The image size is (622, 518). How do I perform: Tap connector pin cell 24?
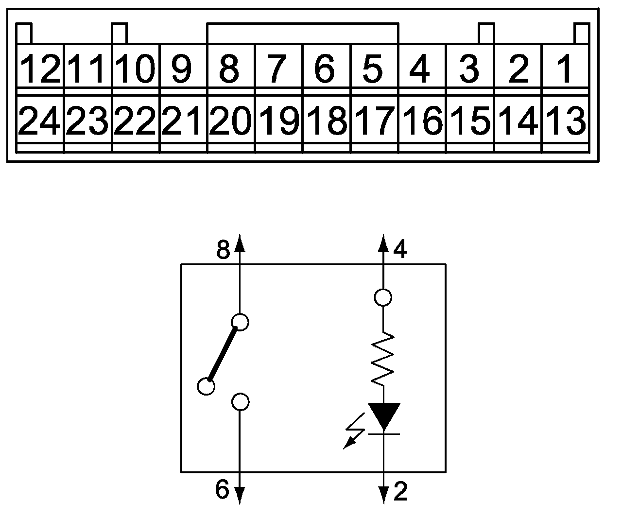(x=40, y=121)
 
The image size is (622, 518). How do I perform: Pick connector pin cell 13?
(x=565, y=121)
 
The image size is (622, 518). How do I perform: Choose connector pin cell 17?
(x=374, y=121)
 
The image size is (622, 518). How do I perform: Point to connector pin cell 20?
(x=231, y=121)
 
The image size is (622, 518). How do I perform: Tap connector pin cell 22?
(x=136, y=121)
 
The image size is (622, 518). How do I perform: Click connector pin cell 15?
(x=470, y=121)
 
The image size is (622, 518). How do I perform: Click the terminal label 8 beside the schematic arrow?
(x=223, y=251)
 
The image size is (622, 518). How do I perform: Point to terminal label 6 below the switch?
(x=222, y=490)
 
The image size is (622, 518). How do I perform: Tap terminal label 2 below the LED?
(x=400, y=493)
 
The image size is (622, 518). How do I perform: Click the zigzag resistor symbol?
(x=383, y=359)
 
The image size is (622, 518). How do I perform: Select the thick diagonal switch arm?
(x=223, y=354)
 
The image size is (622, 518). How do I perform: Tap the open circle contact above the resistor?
(x=383, y=297)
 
